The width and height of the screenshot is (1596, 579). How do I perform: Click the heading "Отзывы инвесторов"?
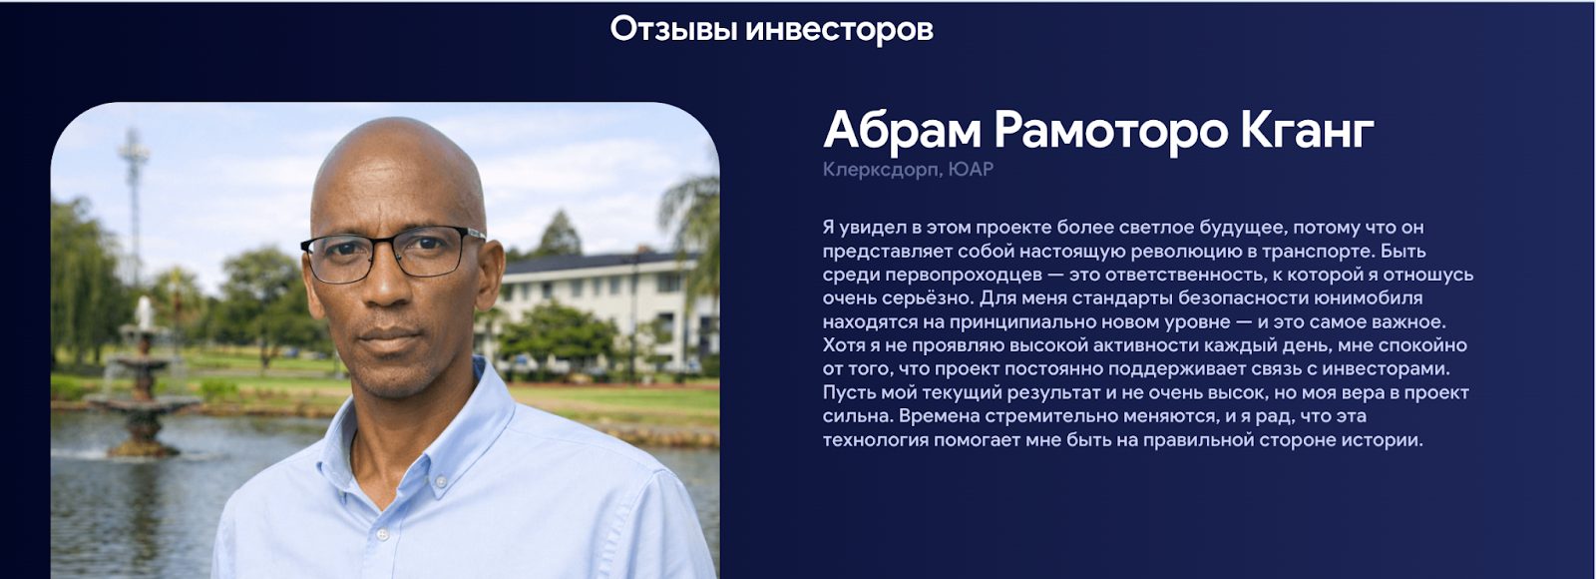(x=772, y=30)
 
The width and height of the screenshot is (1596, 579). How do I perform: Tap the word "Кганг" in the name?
(x=1307, y=131)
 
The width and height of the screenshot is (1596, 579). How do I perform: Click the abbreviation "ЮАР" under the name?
(x=971, y=170)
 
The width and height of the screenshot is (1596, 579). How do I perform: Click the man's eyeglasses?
(x=393, y=253)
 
